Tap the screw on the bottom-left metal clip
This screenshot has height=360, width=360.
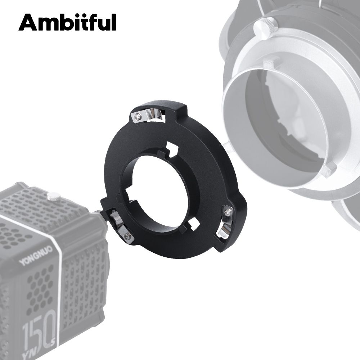[x=127, y=236]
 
